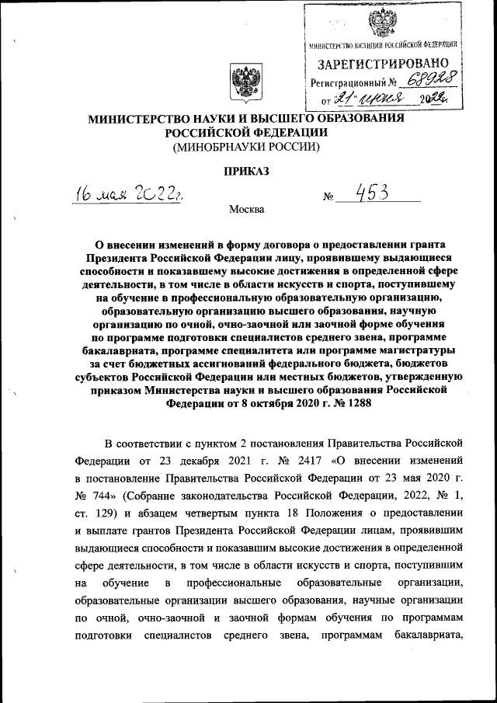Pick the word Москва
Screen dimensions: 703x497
pyautogui.click(x=246, y=209)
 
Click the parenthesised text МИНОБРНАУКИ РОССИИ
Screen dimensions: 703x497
pyautogui.click(x=245, y=146)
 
